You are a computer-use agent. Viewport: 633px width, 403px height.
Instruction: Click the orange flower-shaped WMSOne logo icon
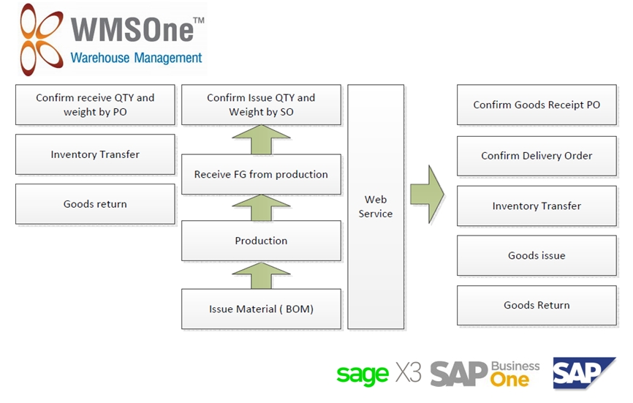pyautogui.click(x=42, y=39)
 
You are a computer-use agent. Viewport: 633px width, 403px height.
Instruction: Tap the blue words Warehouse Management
pyautogui.click(x=136, y=59)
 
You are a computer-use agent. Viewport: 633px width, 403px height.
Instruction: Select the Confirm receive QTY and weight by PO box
pyautogui.click(x=95, y=105)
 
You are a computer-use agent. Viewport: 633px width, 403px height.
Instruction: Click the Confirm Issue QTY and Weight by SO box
pyautogui.click(x=261, y=105)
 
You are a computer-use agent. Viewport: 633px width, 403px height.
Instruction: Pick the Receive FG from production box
pyautogui.click(x=261, y=175)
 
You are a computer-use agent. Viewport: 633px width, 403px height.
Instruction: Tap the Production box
pyautogui.click(x=261, y=241)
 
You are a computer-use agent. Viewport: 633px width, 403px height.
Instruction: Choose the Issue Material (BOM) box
pyautogui.click(x=261, y=309)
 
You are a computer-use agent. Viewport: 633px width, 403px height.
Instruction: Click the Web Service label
pyautogui.click(x=376, y=206)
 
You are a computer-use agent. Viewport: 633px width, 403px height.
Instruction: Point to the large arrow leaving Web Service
pyautogui.click(x=428, y=195)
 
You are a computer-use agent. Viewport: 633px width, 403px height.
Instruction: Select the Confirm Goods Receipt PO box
pyautogui.click(x=537, y=105)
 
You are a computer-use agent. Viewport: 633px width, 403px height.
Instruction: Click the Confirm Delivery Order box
pyautogui.click(x=537, y=156)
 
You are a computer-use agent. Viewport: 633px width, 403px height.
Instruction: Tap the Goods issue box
pyautogui.click(x=537, y=255)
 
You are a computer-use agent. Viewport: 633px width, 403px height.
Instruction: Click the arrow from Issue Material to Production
pyautogui.click(x=261, y=276)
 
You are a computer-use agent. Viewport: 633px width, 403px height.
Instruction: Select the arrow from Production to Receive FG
pyautogui.click(x=261, y=208)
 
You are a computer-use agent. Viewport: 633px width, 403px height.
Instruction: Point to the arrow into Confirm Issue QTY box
pyautogui.click(x=261, y=140)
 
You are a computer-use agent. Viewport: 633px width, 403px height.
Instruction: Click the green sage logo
pyautogui.click(x=363, y=374)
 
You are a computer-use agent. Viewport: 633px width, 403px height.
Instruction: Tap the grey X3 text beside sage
pyautogui.click(x=409, y=372)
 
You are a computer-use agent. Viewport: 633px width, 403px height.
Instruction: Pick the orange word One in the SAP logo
pyautogui.click(x=510, y=380)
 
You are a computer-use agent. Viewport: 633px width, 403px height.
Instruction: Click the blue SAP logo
pyautogui.click(x=584, y=373)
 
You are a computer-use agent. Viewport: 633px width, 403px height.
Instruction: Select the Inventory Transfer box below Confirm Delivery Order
pyautogui.click(x=537, y=206)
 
